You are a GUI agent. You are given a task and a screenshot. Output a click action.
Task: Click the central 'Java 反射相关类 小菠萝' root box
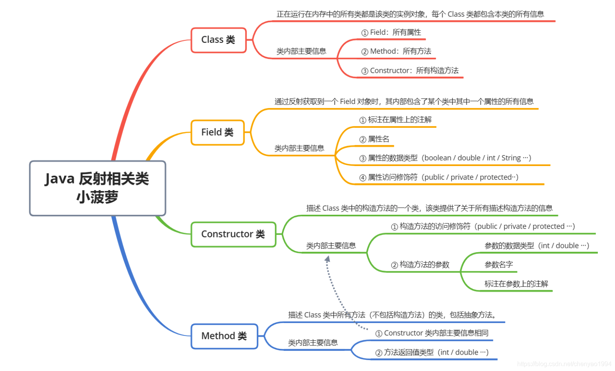97,188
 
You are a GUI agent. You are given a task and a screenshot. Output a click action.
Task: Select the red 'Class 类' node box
218,40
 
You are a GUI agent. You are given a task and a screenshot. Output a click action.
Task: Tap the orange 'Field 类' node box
217,132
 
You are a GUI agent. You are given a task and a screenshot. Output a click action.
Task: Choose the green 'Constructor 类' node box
233,234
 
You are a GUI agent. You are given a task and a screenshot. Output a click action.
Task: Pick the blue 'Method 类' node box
224,336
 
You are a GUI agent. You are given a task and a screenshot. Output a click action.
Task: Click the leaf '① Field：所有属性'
391,33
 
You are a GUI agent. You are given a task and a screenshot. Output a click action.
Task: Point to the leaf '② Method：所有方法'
396,51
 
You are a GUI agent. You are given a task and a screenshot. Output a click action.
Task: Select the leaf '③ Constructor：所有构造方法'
410,71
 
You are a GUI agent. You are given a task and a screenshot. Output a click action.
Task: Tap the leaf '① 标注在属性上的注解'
396,120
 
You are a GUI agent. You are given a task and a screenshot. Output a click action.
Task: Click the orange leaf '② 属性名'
375,139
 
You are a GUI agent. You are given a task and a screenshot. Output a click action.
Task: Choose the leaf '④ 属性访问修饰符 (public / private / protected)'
439,177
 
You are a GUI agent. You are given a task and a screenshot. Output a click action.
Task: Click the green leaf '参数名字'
498,265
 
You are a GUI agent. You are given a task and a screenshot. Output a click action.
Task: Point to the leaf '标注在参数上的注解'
516,284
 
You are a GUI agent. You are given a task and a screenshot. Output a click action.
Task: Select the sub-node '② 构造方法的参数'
420,265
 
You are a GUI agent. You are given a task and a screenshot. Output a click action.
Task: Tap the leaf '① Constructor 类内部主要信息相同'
432,333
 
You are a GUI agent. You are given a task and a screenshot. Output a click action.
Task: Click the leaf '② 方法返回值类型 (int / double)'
432,353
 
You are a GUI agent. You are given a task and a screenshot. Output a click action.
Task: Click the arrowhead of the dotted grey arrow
327,258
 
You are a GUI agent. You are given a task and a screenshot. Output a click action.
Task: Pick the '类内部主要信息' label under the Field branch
299,148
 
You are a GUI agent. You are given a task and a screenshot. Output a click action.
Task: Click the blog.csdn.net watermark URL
564,364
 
